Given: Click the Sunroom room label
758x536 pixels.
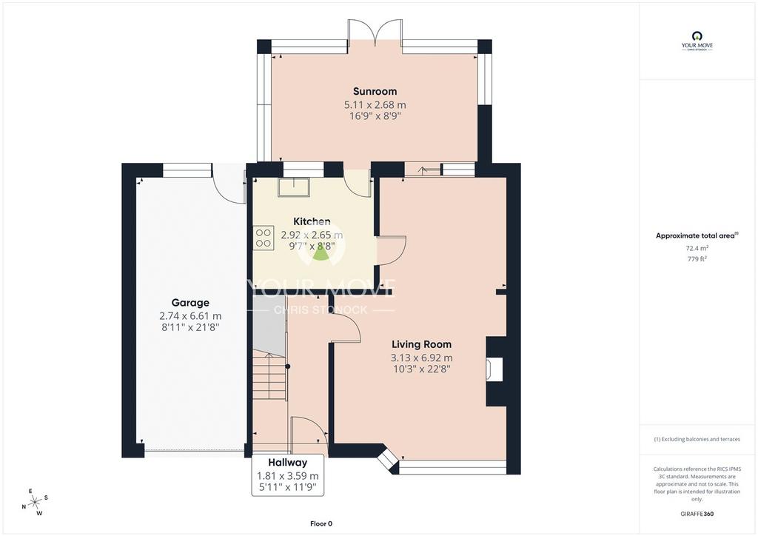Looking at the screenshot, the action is pyautogui.click(x=375, y=91).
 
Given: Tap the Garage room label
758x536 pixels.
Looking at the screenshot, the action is pyautogui.click(x=190, y=303).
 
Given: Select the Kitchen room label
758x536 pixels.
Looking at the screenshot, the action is pyautogui.click(x=312, y=221).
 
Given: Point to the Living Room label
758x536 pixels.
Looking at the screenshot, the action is pyautogui.click(x=421, y=344).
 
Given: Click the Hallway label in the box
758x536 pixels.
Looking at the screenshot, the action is pyautogui.click(x=288, y=462).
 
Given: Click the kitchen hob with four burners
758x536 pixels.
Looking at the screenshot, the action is pyautogui.click(x=264, y=238).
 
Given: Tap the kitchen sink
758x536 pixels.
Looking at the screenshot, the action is pyautogui.click(x=293, y=187).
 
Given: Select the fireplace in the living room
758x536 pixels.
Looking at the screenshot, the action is pyautogui.click(x=494, y=370).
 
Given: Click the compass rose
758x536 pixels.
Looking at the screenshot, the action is pyautogui.click(x=35, y=503).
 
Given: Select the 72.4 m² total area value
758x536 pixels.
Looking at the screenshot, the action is pyautogui.click(x=697, y=248).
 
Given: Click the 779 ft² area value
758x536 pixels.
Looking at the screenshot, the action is pyautogui.click(x=697, y=258).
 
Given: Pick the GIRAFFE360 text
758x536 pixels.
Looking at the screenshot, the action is pyautogui.click(x=697, y=514).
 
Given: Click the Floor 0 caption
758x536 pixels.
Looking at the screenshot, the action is pyautogui.click(x=321, y=523).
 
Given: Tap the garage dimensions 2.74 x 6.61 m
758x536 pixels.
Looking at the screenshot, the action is pyautogui.click(x=190, y=316).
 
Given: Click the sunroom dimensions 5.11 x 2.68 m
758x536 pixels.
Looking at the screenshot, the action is pyautogui.click(x=375, y=104).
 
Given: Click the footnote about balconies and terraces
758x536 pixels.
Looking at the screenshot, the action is pyautogui.click(x=697, y=439).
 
